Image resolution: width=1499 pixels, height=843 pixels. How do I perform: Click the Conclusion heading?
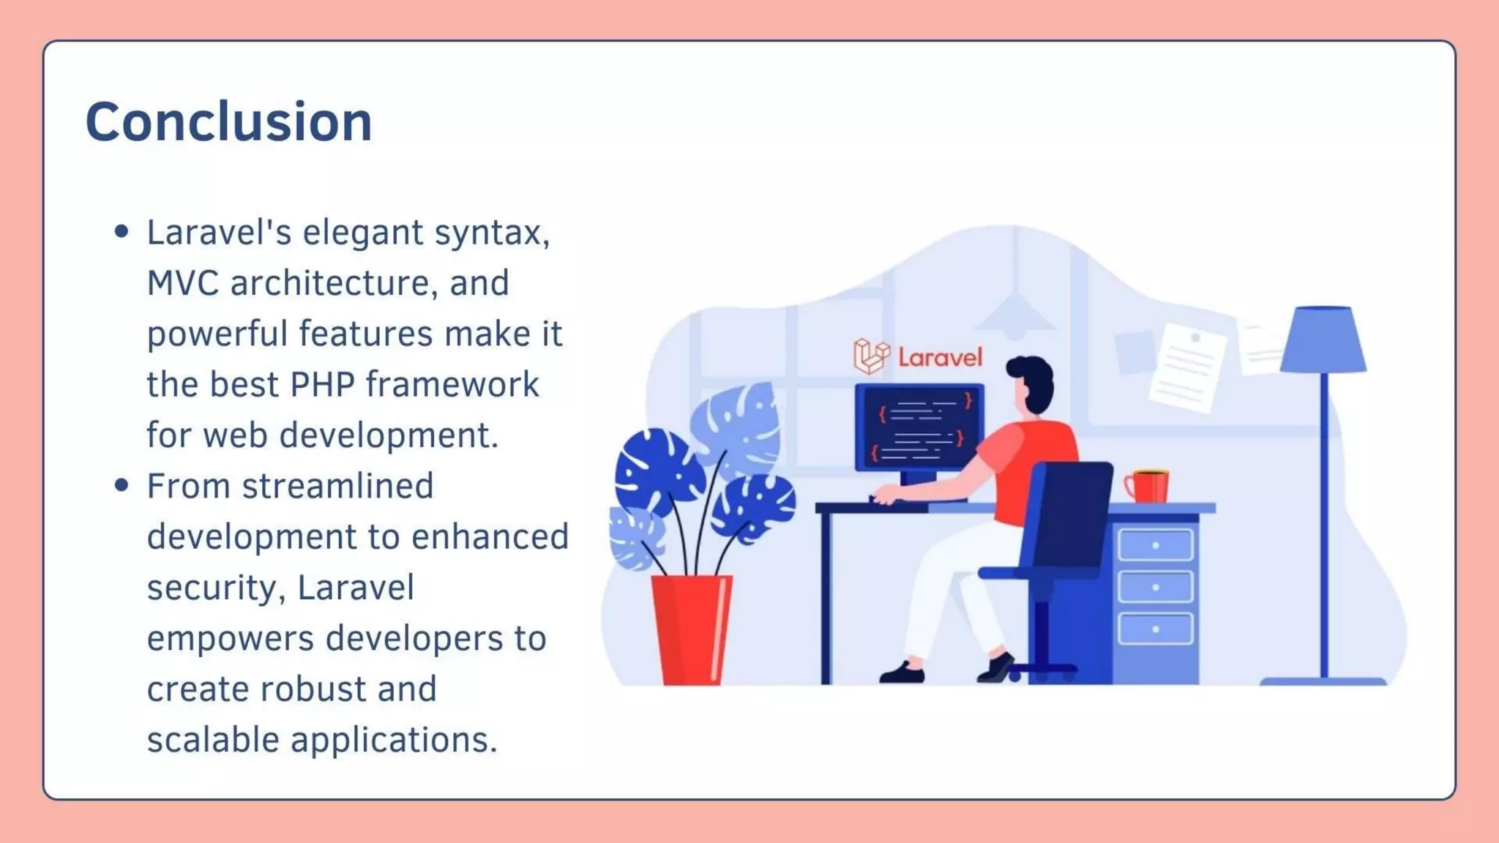pos(228,121)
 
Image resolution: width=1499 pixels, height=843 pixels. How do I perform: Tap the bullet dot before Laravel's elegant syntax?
pos(122,233)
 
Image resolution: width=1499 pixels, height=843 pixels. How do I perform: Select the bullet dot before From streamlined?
pos(122,486)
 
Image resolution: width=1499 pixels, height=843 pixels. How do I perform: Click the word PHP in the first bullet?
pos(322,385)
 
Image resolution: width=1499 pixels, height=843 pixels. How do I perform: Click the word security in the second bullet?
pos(212,588)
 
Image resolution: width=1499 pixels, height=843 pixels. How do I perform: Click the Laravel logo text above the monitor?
pos(940,358)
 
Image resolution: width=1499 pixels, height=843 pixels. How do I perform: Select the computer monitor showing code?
pos(919,428)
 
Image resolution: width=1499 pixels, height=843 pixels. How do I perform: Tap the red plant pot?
pos(691,629)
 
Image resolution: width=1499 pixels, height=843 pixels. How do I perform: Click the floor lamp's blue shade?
pos(1324,340)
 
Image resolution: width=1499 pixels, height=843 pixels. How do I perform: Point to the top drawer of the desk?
pos(1156,545)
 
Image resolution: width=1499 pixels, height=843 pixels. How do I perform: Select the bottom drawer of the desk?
pos(1156,629)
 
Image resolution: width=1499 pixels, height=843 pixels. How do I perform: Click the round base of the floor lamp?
pos(1323,681)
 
